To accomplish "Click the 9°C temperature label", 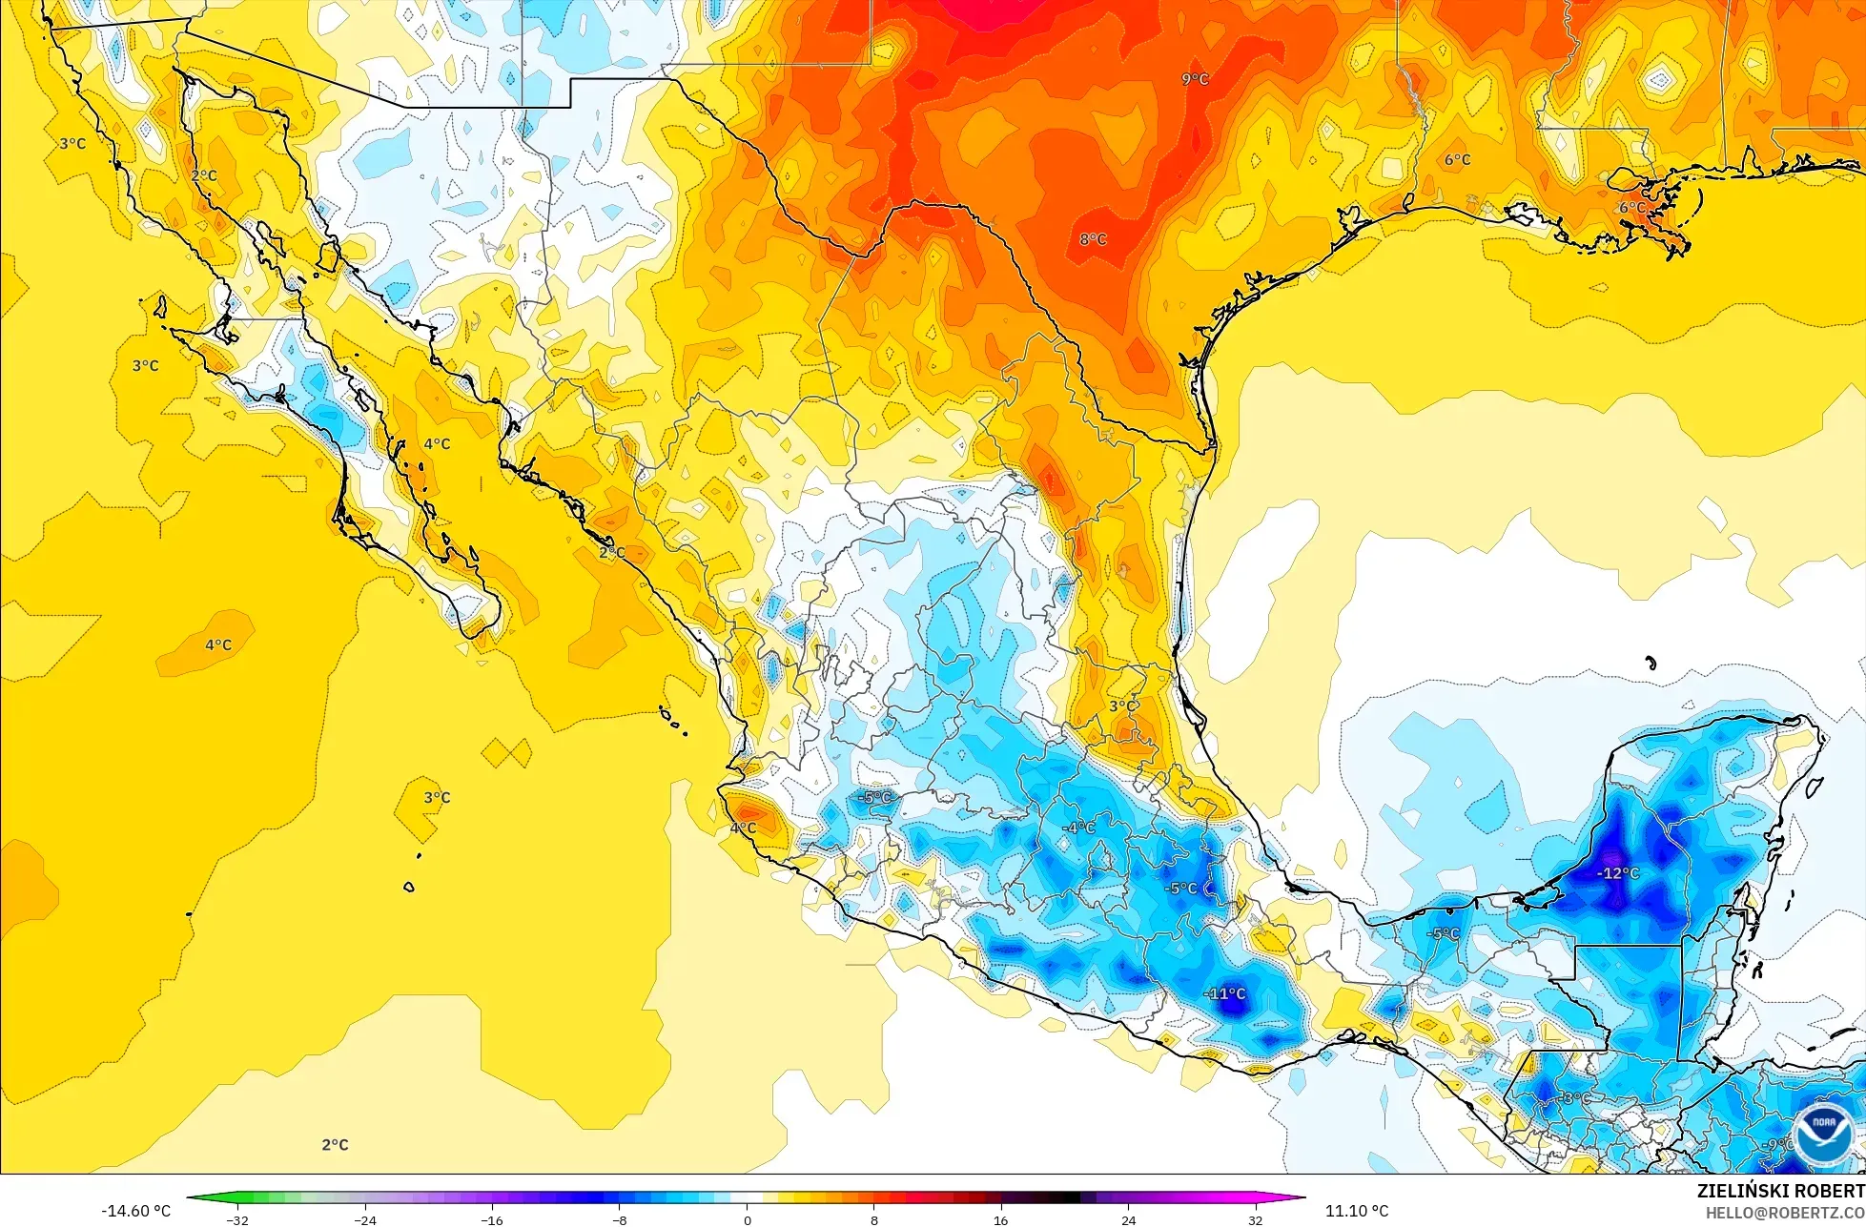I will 1195,79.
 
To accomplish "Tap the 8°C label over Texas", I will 1093,239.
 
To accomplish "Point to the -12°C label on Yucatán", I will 1618,873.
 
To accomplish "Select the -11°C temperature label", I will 1225,993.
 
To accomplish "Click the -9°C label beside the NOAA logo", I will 1777,1144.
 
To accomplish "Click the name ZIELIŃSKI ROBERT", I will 1780,1191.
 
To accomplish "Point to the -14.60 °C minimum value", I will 135,1211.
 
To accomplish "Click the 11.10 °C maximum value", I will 1356,1211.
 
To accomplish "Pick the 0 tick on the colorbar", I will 747,1219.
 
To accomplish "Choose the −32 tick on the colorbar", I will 237,1219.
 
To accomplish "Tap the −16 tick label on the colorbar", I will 492,1219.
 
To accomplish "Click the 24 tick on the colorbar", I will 1128,1219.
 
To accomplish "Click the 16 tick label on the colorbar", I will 1000,1219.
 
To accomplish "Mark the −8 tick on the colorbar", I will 619,1219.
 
